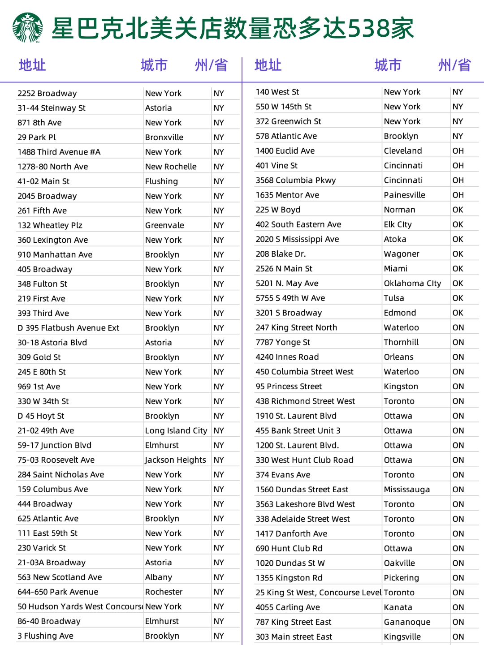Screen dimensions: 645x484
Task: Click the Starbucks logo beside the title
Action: [x=28, y=28]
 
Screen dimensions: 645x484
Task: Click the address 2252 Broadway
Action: [x=47, y=93]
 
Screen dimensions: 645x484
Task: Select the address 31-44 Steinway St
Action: [x=52, y=108]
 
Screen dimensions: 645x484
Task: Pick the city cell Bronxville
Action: [x=164, y=137]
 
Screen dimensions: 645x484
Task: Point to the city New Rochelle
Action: [x=171, y=167]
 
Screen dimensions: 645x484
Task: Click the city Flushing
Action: [x=161, y=181]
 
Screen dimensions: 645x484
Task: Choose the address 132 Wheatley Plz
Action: [x=50, y=225]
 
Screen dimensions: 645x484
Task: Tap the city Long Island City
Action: [x=176, y=430]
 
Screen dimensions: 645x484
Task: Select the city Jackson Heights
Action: [x=175, y=460]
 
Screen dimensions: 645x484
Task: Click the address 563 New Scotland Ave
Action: [x=60, y=577]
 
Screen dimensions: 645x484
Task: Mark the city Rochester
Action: [x=164, y=592]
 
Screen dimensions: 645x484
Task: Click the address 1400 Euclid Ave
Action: [x=285, y=150]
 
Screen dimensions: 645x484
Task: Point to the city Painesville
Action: [x=404, y=195]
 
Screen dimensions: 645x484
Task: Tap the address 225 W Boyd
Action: [x=278, y=210]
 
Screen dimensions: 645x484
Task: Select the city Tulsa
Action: [x=394, y=298]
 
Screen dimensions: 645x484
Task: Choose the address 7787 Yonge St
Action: [x=283, y=342]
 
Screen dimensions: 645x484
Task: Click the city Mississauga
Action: [x=406, y=490]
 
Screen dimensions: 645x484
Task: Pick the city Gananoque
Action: [x=407, y=622]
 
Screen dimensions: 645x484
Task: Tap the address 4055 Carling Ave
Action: [x=288, y=607]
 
